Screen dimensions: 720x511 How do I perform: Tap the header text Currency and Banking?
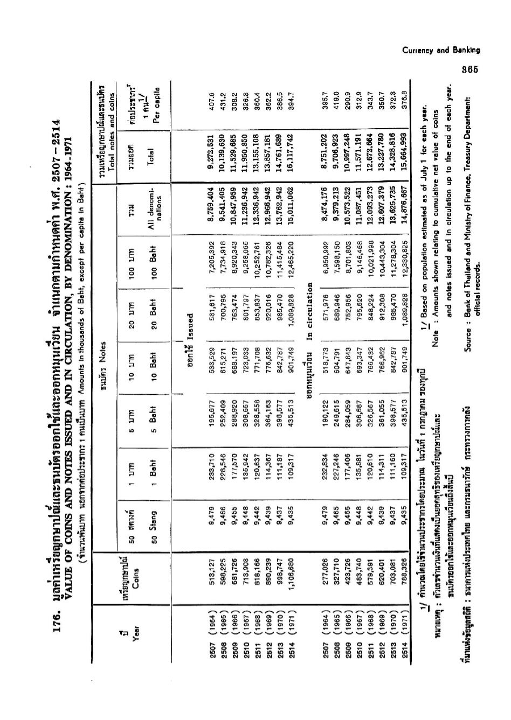pos(441,51)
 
